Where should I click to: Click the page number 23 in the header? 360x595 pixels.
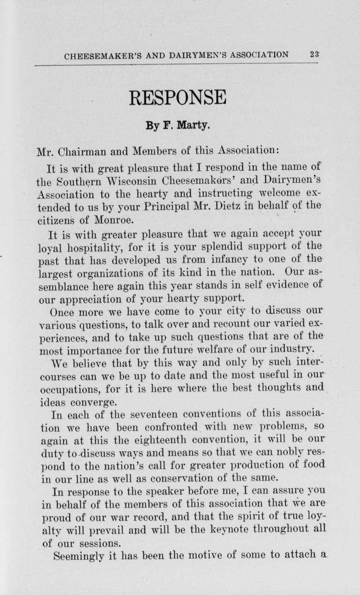click(x=314, y=55)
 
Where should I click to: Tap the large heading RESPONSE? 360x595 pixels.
click(x=178, y=98)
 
